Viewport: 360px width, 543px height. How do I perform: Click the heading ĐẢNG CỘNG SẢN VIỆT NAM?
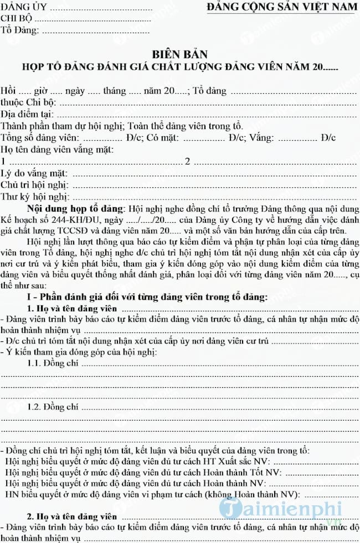(282, 7)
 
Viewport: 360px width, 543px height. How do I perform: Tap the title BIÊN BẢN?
(180, 54)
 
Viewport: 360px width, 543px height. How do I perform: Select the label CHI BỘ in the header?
(16, 19)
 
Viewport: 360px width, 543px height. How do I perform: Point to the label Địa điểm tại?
(27, 115)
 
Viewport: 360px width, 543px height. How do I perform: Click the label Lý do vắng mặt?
(34, 173)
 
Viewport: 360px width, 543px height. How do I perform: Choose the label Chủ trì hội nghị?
(35, 185)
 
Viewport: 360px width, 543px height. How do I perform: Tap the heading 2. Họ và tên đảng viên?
(72, 517)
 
